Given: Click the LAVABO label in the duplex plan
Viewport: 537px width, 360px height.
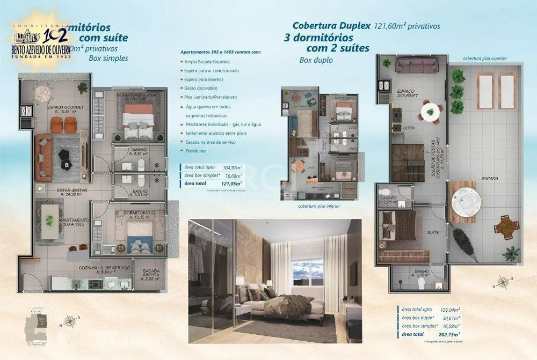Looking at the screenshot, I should tap(388, 198).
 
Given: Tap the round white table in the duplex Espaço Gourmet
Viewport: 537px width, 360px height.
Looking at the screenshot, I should tap(430, 111).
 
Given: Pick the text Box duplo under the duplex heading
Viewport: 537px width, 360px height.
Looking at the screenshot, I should tap(316, 60).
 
